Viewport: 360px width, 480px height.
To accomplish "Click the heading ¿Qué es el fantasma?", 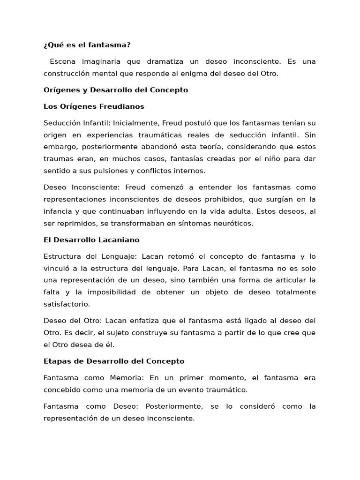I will (87, 45).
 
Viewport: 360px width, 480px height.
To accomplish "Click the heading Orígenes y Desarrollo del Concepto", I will (116, 90).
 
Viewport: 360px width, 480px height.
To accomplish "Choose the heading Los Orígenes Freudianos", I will (94, 106).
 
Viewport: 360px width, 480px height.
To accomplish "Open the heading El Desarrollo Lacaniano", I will (91, 240).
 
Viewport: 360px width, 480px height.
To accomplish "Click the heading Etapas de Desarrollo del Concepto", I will (114, 361).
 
